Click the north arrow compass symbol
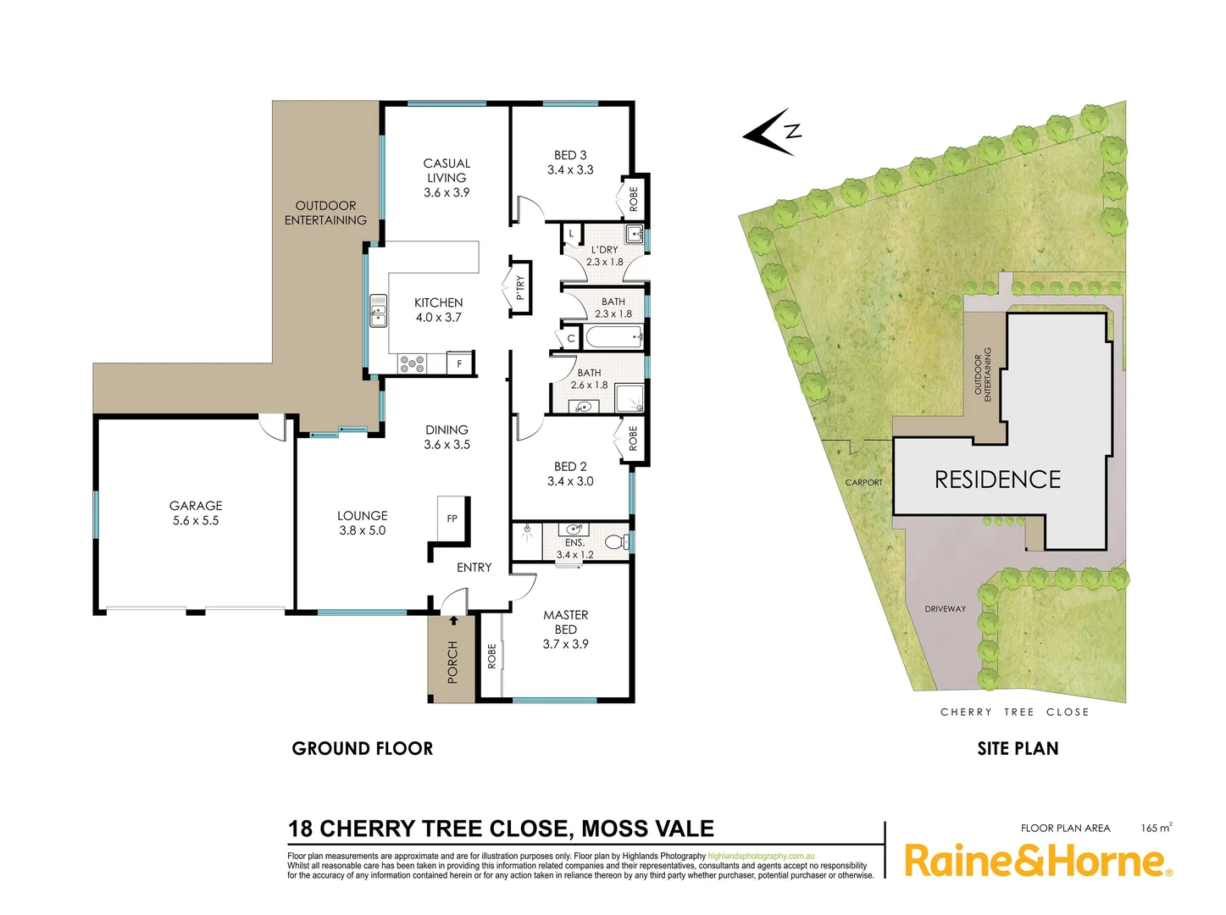coord(771,132)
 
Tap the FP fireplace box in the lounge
coord(452,518)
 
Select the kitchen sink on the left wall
coord(378,311)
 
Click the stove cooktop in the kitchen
coord(413,363)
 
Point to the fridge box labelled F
coord(459,363)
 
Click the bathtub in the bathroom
coord(614,338)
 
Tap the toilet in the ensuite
coord(616,541)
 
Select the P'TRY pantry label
coord(520,288)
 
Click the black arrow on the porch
coord(453,620)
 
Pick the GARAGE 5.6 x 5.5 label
coord(196,513)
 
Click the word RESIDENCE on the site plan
coord(997,480)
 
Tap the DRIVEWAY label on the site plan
coord(945,609)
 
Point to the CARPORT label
coord(863,483)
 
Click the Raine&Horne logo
coord(1038,861)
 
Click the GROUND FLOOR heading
coord(363,748)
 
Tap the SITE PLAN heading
coord(1018,748)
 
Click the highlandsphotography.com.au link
coord(761,857)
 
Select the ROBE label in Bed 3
coord(634,199)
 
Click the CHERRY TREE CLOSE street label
coord(1014,712)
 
